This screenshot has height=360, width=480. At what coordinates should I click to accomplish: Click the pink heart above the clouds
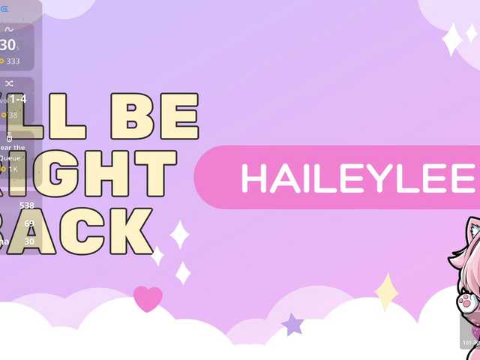click(148, 298)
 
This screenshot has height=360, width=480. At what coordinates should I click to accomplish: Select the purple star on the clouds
click(292, 325)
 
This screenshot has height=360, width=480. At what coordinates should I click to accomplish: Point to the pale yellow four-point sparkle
click(386, 292)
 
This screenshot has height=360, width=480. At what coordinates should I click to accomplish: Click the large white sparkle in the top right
click(452, 40)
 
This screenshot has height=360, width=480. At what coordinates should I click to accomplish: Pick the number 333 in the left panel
click(13, 61)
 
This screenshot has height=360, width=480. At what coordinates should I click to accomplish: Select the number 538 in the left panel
click(27, 205)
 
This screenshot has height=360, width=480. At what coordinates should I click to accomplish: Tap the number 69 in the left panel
click(29, 223)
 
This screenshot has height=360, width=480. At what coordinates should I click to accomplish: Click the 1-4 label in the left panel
click(19, 99)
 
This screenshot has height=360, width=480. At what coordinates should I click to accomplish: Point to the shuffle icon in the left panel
click(9, 83)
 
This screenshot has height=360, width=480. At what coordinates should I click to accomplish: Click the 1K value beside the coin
click(13, 169)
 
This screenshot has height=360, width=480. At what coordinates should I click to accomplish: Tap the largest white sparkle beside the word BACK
click(179, 234)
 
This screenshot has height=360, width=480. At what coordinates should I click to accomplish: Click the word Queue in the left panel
click(13, 158)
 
